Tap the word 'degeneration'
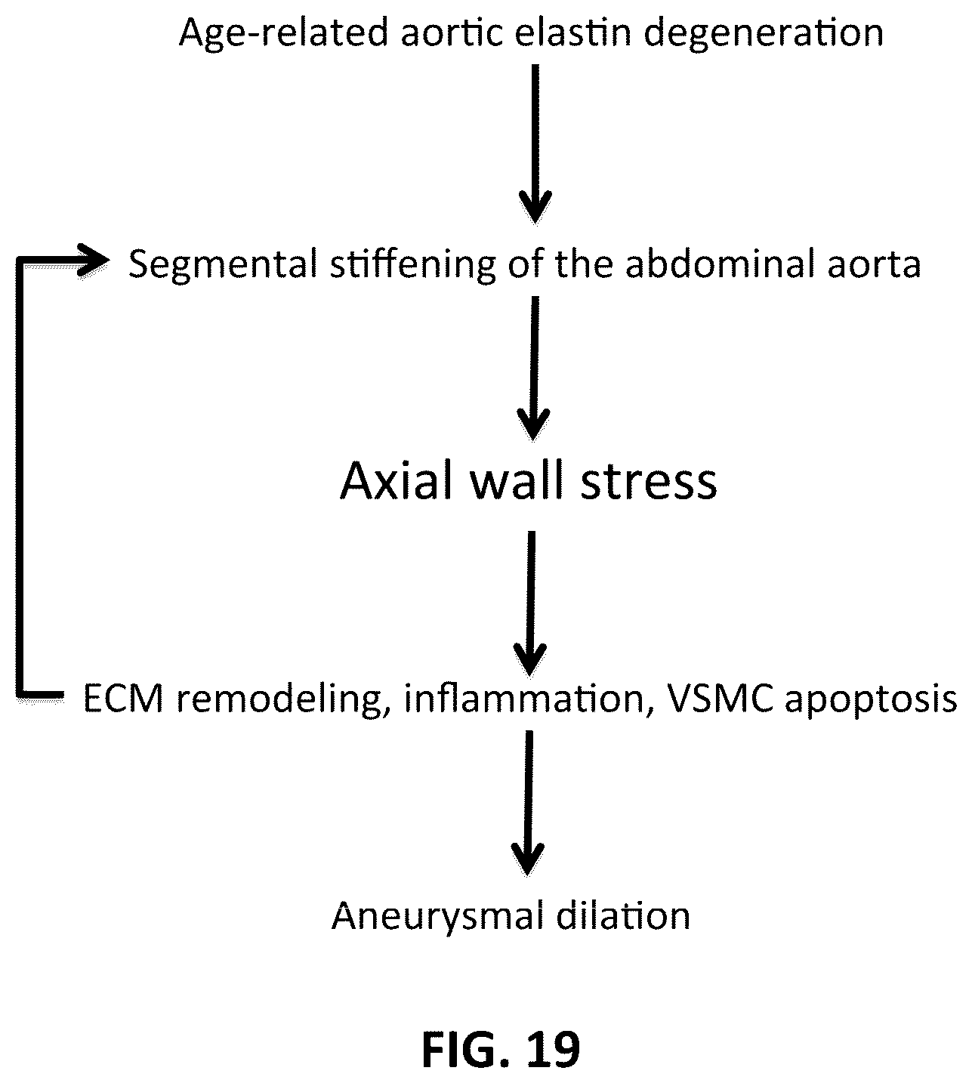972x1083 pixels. coord(763,34)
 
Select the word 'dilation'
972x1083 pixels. coord(623,916)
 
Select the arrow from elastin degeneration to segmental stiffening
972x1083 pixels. coord(535,143)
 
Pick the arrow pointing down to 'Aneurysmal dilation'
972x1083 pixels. coord(528,803)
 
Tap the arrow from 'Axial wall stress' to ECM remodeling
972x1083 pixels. coord(531,603)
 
